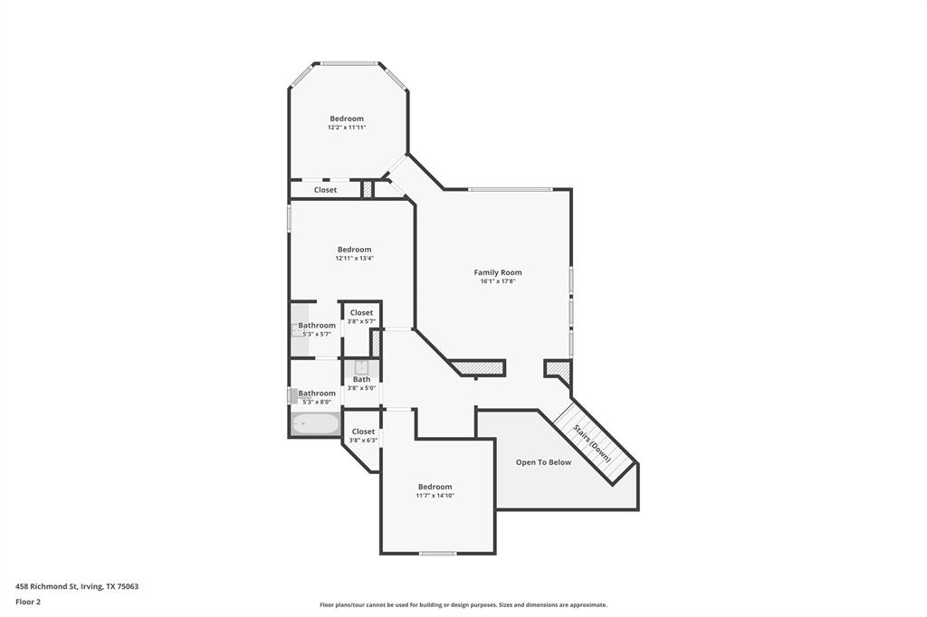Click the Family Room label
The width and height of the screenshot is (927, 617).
(x=498, y=272)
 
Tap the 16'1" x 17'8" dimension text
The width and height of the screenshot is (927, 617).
(x=498, y=281)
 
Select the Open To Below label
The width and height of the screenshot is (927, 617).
(x=543, y=462)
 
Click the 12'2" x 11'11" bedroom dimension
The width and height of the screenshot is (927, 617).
(x=347, y=128)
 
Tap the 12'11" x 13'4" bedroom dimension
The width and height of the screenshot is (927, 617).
(x=354, y=259)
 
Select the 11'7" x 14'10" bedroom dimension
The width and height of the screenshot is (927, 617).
(x=435, y=496)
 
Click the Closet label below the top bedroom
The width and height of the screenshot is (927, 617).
(x=325, y=190)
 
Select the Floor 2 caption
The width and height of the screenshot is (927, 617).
(x=28, y=601)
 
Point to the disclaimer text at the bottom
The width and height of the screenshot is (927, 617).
(x=463, y=605)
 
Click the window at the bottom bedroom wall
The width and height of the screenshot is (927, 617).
(x=437, y=553)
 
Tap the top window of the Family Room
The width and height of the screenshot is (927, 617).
(x=510, y=189)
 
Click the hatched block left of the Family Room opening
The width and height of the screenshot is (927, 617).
(x=477, y=367)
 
